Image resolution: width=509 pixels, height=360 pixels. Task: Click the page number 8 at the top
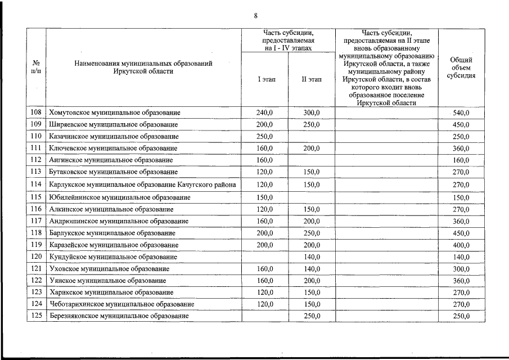coord(255,15)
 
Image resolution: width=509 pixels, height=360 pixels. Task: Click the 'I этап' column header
coord(267,80)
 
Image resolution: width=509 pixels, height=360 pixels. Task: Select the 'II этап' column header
coord(312,80)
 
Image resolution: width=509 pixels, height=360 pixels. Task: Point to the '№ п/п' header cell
coord(36,67)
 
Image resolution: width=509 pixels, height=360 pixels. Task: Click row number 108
coord(36,112)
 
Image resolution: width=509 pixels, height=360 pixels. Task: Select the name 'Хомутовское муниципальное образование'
coord(115,112)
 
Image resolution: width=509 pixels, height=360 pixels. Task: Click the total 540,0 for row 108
coord(461,112)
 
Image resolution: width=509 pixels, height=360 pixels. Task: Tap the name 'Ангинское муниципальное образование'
coord(111,160)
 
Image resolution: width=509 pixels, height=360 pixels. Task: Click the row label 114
coord(36,184)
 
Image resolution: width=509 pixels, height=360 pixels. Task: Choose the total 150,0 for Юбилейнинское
coord(461,197)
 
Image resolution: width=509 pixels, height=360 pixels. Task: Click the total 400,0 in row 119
coord(461,245)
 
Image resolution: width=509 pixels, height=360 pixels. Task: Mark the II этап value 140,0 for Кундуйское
coord(312,257)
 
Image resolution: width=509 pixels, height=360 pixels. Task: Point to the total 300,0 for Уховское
coord(461,269)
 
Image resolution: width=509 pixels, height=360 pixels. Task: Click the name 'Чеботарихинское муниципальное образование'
coord(121,304)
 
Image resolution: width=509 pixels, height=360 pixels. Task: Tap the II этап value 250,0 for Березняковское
coord(312,316)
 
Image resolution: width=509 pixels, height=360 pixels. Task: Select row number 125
coord(36,316)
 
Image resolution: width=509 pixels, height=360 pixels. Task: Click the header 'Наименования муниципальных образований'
coord(143,64)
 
